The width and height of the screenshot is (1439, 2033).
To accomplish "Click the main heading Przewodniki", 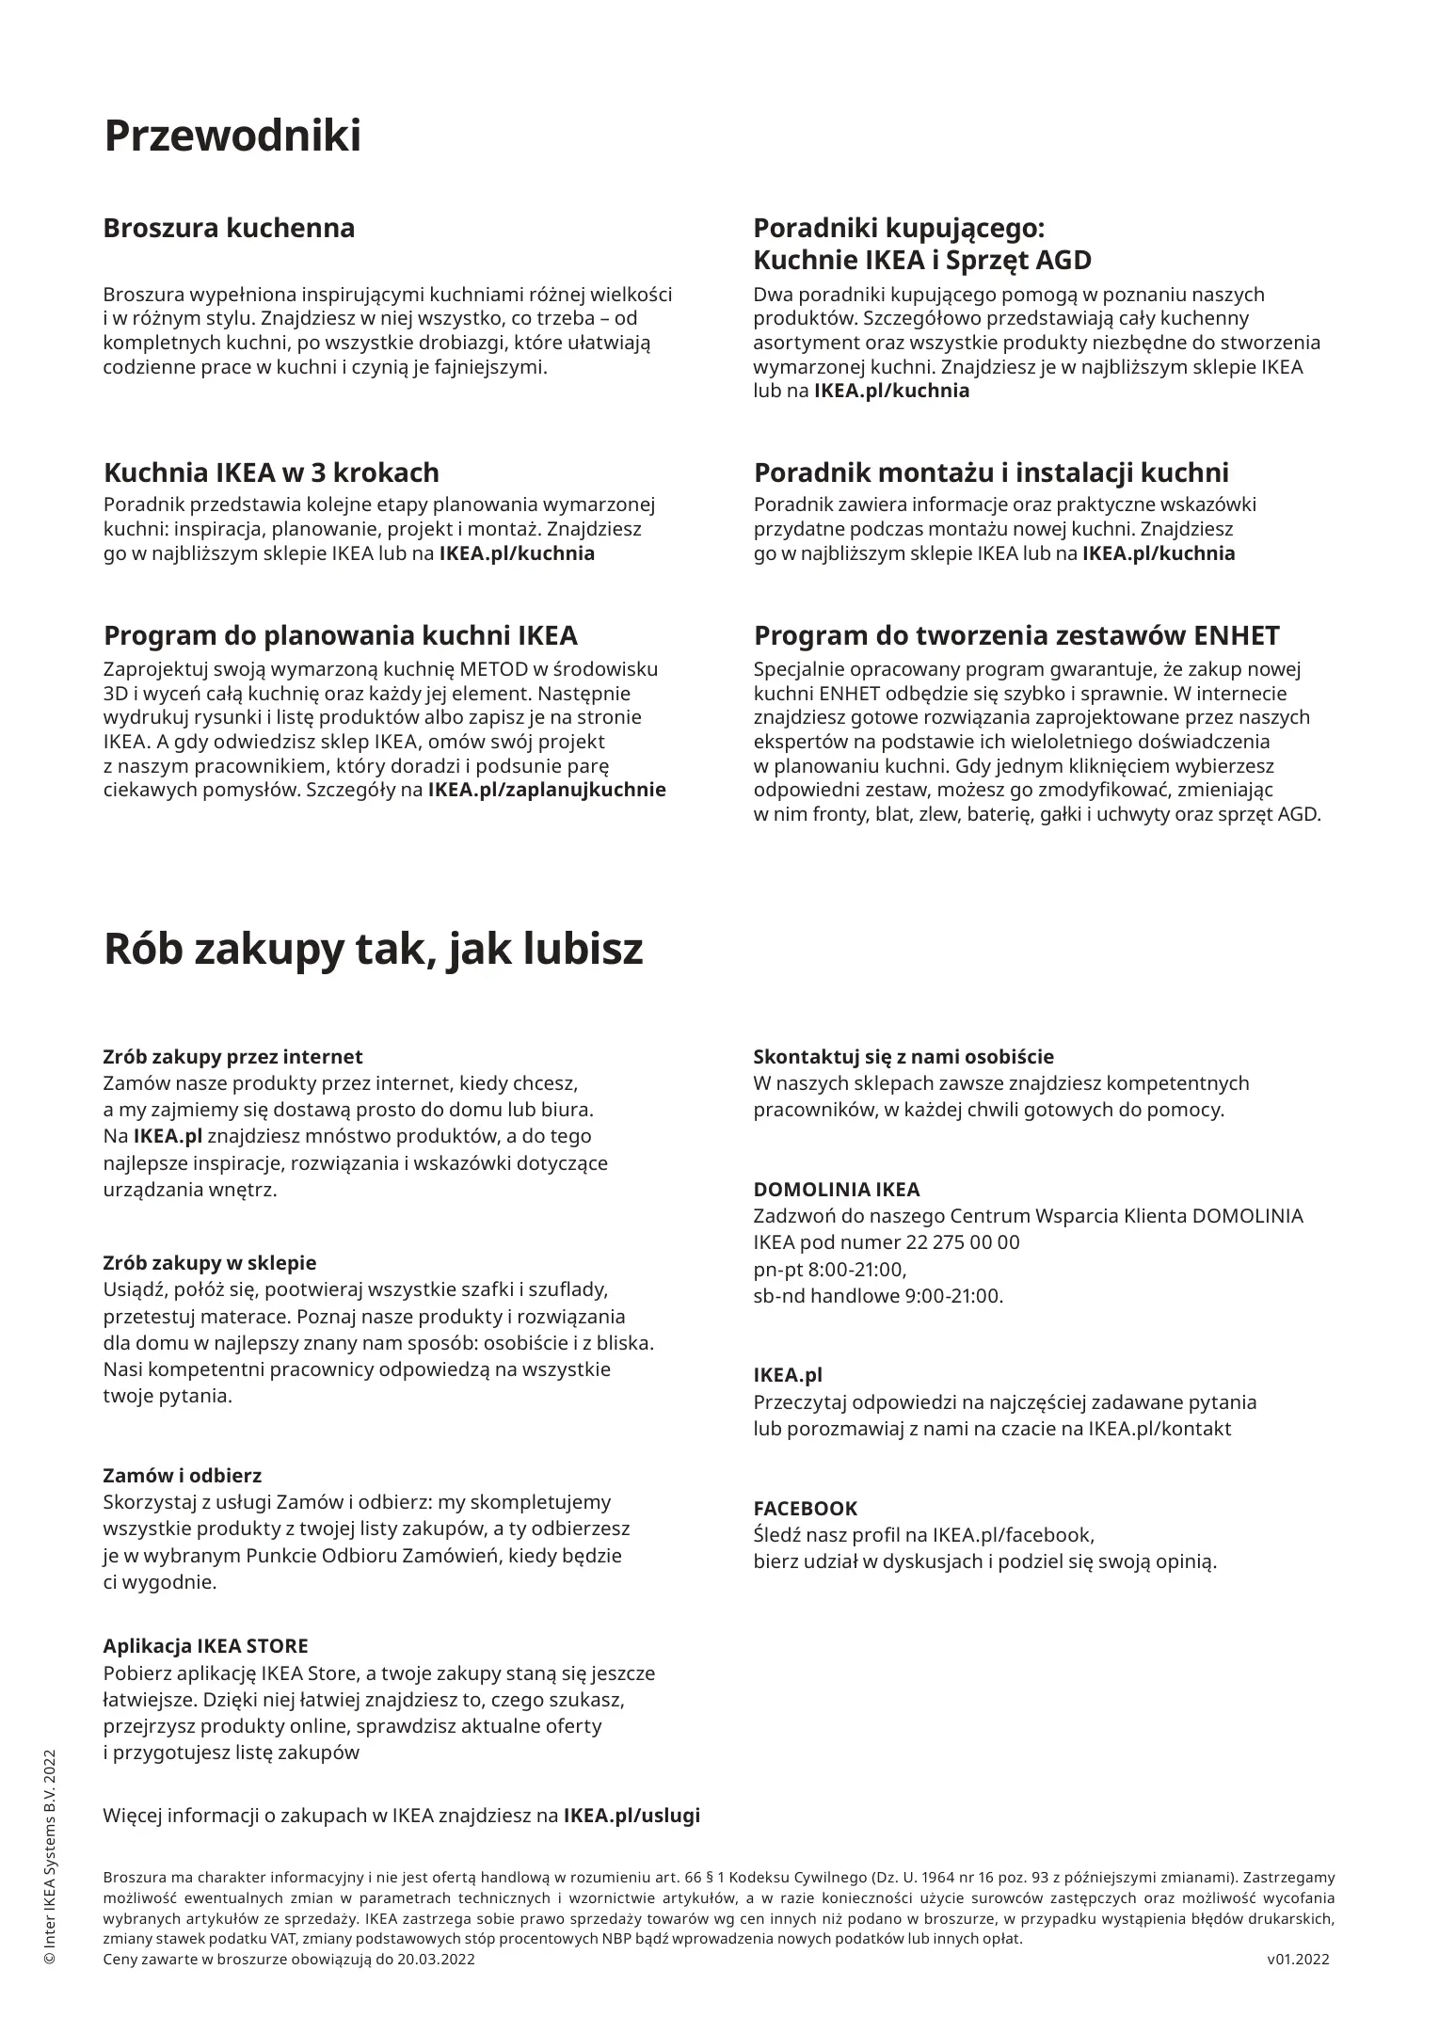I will click(x=232, y=136).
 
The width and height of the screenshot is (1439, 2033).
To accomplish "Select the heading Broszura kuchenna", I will click(x=229, y=228).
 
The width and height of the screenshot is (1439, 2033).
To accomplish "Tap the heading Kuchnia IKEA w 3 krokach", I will click(x=271, y=472).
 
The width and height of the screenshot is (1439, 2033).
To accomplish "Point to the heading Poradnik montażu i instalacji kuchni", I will click(x=991, y=472).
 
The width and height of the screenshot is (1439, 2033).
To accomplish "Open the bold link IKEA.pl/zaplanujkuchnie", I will click(x=547, y=790).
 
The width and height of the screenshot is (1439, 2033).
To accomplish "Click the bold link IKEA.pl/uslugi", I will click(x=632, y=1816).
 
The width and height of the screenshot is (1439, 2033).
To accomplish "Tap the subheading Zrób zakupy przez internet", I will click(x=232, y=1057).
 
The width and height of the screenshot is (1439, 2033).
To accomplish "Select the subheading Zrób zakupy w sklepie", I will click(x=209, y=1263).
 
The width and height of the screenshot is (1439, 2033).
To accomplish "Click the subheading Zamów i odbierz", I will click(x=182, y=1476).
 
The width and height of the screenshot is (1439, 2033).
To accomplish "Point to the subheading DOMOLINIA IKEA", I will click(x=837, y=1190).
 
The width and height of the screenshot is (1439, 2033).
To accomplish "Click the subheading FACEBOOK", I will click(x=806, y=1509).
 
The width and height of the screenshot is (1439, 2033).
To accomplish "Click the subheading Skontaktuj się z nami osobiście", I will click(x=903, y=1057).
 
